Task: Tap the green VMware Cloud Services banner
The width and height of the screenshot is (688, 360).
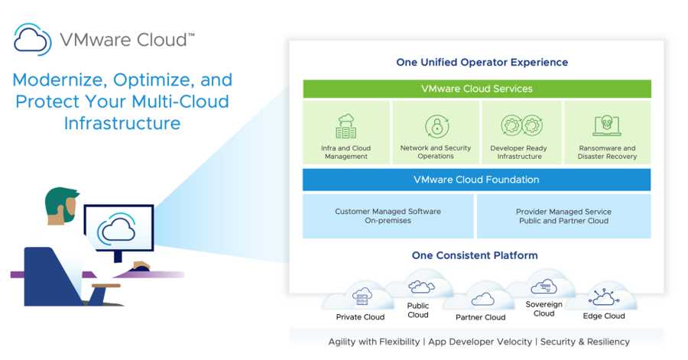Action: click(476, 89)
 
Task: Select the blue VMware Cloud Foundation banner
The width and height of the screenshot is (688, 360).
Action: click(476, 180)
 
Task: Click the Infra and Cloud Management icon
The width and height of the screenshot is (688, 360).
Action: click(346, 126)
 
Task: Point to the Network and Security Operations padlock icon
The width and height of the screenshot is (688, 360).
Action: click(436, 126)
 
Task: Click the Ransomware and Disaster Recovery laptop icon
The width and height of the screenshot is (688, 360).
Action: click(606, 126)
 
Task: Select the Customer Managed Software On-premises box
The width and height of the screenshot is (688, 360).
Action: click(388, 216)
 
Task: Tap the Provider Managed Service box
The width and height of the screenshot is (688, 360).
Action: click(563, 216)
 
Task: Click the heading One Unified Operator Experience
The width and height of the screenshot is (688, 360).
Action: click(482, 62)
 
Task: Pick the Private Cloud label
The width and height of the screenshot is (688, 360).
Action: click(360, 317)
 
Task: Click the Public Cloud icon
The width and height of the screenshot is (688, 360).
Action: click(419, 287)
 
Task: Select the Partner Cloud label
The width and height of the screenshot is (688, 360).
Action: click(480, 317)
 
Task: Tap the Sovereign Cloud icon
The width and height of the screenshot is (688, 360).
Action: click(543, 287)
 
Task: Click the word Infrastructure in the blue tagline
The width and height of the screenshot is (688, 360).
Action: click(122, 123)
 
